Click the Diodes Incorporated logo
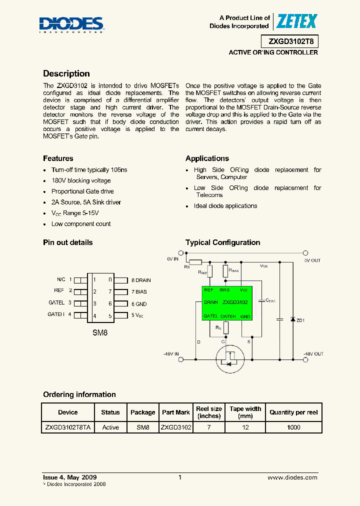coord(71,24)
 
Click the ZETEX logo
coord(297,21)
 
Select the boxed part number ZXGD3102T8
coord(289,42)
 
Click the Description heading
coord(66,73)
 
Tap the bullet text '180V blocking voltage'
coord(81,180)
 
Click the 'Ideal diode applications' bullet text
coord(225,206)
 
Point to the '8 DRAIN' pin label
coord(141,280)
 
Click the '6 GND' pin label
coord(139,304)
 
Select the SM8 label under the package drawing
coord(100,332)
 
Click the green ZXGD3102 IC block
coord(226,302)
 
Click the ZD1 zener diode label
coord(300,320)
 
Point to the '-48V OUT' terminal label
coord(313,354)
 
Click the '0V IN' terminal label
coord(173,259)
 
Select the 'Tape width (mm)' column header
coord(245,412)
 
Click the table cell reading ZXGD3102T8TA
coord(68,427)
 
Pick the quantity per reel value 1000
coord(293,427)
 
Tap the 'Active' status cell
coord(110,427)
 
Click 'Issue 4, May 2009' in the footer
coord(70,478)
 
